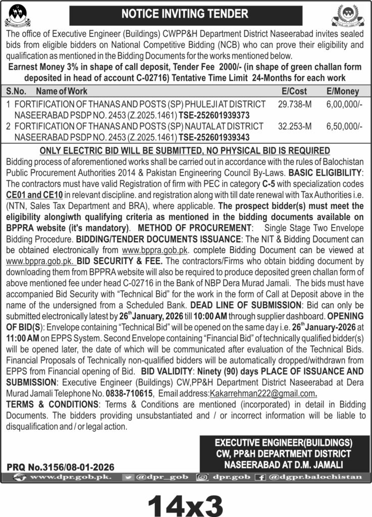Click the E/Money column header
343,91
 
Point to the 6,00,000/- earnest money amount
343,104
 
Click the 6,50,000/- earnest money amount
343,126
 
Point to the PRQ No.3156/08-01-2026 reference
61,467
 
